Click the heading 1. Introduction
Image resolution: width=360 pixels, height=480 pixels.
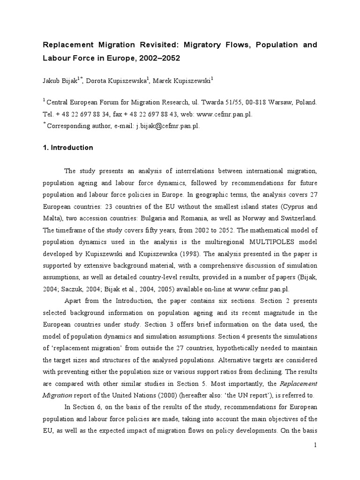pos(68,148)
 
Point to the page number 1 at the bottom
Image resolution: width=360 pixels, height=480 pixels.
pos(315,445)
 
